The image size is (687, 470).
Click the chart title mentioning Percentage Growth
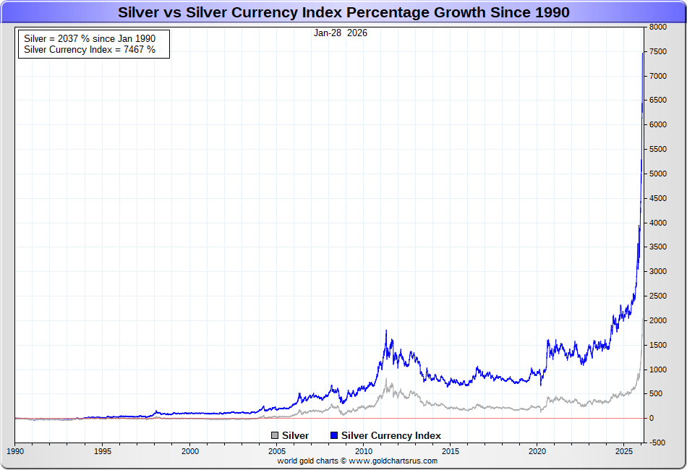point(343,12)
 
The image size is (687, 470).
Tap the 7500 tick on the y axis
point(657,51)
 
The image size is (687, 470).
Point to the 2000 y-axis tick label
point(657,320)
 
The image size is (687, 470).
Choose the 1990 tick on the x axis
point(15,450)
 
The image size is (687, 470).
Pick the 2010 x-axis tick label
point(364,450)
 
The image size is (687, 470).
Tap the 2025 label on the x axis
point(625,450)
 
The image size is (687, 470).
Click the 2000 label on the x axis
point(189,450)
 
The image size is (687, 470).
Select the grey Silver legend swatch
point(275,435)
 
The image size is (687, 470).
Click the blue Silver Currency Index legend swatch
point(334,435)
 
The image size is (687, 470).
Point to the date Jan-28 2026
point(341,33)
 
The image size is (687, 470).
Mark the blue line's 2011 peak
point(386,330)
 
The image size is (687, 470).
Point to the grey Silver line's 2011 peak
point(386,379)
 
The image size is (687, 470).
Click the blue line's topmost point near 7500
point(643,52)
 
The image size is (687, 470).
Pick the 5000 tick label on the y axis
point(657,174)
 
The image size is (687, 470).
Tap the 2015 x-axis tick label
point(451,450)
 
